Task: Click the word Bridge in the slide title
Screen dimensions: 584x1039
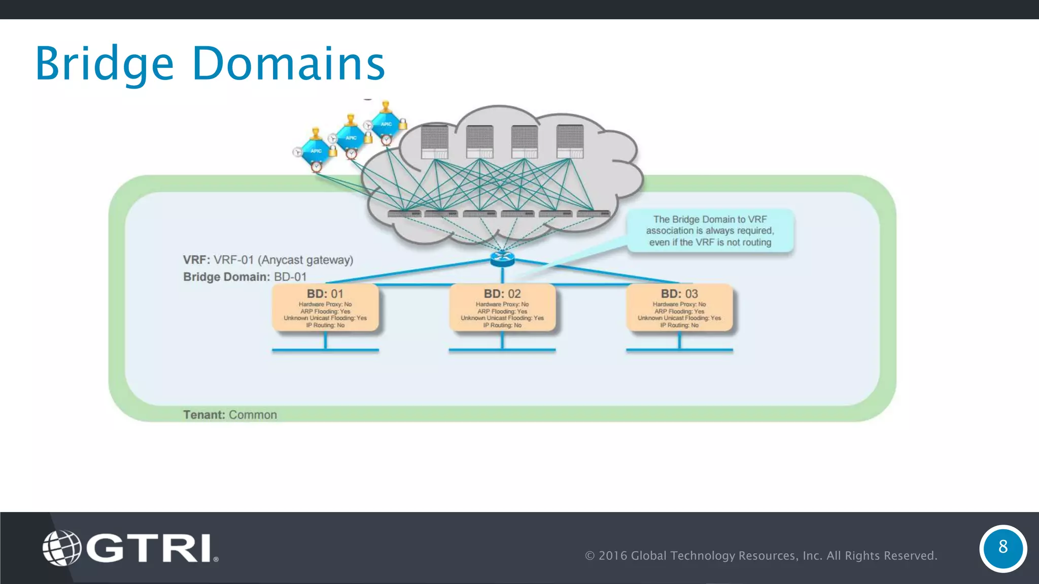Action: click(x=104, y=64)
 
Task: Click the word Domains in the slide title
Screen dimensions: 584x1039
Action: click(x=288, y=64)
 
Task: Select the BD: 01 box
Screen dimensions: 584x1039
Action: click(x=325, y=308)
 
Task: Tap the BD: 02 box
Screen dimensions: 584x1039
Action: click(x=502, y=308)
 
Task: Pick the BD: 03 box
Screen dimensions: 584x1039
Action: click(x=679, y=308)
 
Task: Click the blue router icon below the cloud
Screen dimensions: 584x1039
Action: click(x=502, y=259)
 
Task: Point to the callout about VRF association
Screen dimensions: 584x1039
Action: click(x=710, y=231)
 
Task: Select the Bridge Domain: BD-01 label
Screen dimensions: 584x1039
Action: click(x=245, y=277)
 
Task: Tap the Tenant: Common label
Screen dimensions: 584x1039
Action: click(x=230, y=415)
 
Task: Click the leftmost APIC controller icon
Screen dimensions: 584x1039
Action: click(x=316, y=151)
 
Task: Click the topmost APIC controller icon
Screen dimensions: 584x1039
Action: click(x=386, y=124)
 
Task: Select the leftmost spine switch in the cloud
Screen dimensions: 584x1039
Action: click(x=435, y=142)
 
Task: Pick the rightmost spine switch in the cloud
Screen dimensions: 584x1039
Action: click(x=570, y=142)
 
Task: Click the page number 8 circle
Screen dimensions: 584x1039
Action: click(x=1002, y=548)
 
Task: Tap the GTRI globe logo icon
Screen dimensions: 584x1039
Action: click(x=61, y=548)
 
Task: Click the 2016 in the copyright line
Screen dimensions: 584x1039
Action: click(x=612, y=556)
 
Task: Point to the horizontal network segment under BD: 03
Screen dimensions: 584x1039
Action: click(x=679, y=350)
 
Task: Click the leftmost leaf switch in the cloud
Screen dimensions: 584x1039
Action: click(x=404, y=214)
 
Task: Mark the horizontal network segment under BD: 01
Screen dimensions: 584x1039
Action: click(x=325, y=350)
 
